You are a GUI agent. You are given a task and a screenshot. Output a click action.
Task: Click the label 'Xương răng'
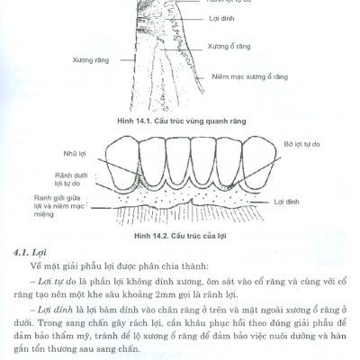[90, 60]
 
